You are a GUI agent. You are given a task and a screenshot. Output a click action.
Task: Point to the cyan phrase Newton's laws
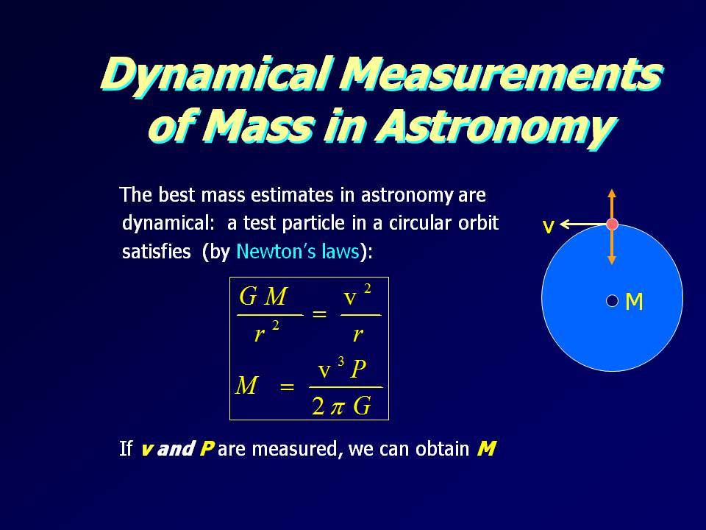(x=298, y=251)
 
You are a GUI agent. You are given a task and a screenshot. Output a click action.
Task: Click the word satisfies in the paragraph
(x=156, y=251)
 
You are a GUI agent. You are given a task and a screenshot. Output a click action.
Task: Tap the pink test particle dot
(x=612, y=224)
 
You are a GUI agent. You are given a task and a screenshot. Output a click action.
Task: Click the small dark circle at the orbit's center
(x=613, y=300)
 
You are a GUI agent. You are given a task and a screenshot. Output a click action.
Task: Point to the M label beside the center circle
(x=634, y=302)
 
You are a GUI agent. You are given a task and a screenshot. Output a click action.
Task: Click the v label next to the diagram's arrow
(x=548, y=227)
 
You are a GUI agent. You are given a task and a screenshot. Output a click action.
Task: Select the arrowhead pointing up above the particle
(x=611, y=194)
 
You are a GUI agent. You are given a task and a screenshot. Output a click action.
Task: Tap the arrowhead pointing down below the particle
(x=611, y=260)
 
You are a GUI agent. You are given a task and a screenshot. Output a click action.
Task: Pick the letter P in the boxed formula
(x=359, y=370)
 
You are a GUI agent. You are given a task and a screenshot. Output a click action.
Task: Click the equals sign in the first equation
(x=319, y=314)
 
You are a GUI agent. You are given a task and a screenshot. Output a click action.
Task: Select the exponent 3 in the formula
(x=340, y=361)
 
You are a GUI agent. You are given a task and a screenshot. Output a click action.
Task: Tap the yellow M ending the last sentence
(x=486, y=448)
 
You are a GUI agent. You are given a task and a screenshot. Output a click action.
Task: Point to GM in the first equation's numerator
(x=263, y=297)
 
